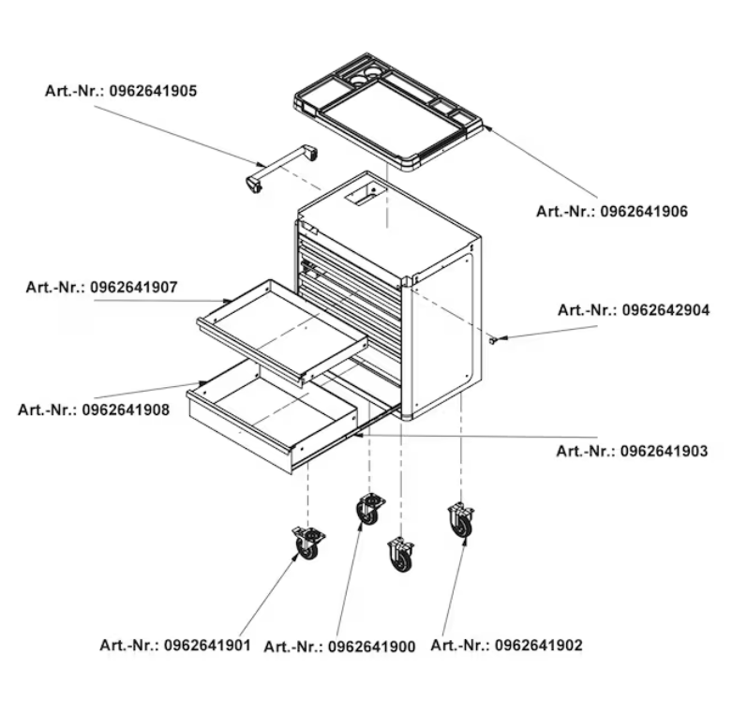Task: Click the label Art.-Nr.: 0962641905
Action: click(x=121, y=91)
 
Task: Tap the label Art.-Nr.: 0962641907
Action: click(x=101, y=287)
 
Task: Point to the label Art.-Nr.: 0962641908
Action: click(x=94, y=410)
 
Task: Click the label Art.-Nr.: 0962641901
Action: click(x=175, y=645)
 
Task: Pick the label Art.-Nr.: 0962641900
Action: click(x=339, y=647)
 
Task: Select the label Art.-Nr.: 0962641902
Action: click(x=506, y=645)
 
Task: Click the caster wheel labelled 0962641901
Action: click(x=306, y=544)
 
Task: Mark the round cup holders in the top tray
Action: click(x=367, y=72)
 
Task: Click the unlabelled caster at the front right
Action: click(x=401, y=554)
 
